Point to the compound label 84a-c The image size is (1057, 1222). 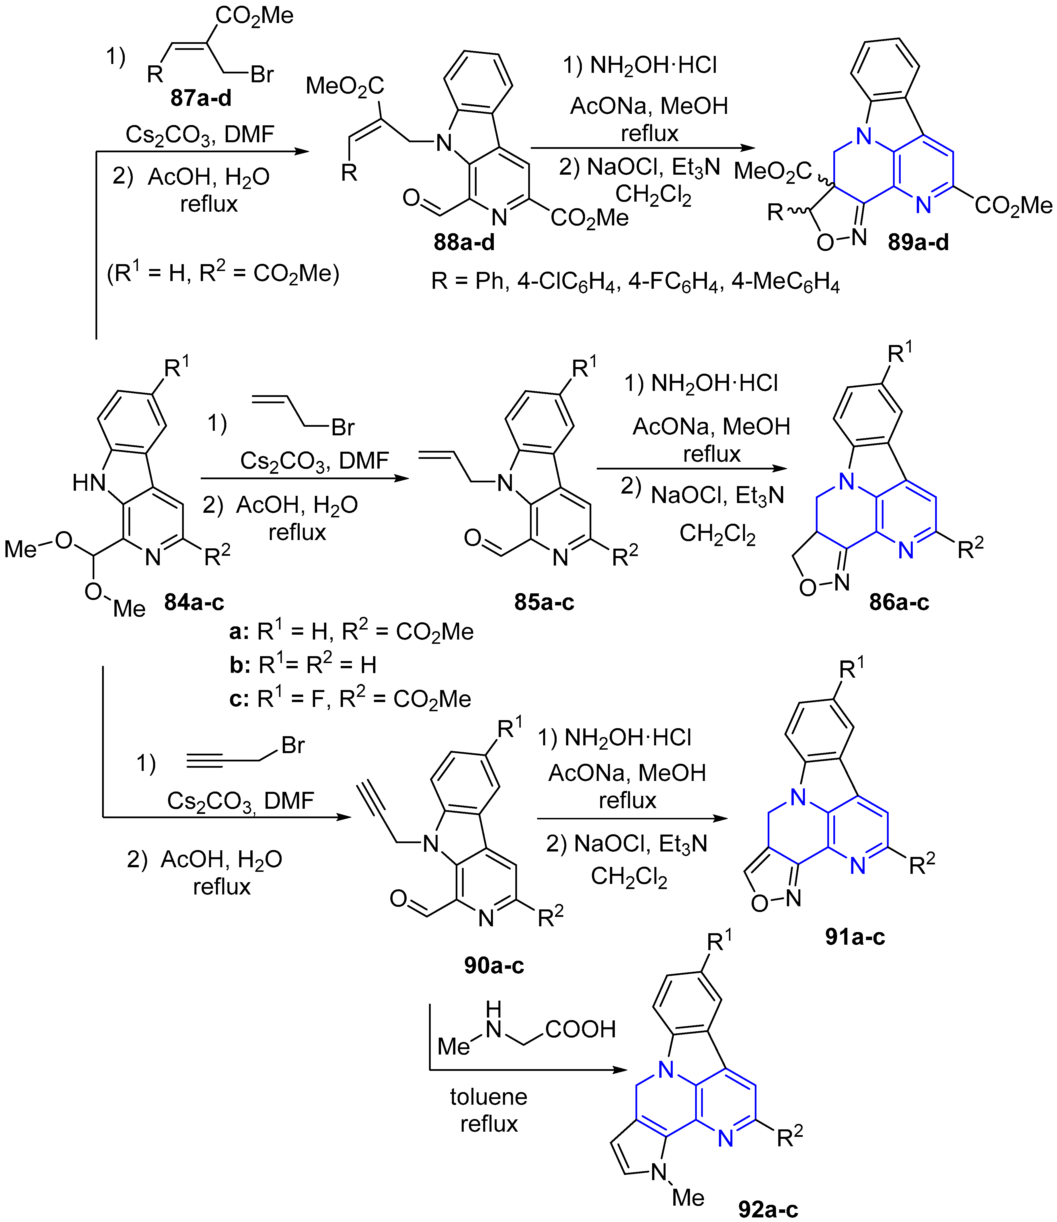194,602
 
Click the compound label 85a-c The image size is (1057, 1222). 544,602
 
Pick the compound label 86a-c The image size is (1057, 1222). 899,602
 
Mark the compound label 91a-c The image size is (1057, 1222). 855,937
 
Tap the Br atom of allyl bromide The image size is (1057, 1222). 343,427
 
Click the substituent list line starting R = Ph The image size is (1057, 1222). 635,282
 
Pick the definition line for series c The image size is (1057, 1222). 350,699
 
